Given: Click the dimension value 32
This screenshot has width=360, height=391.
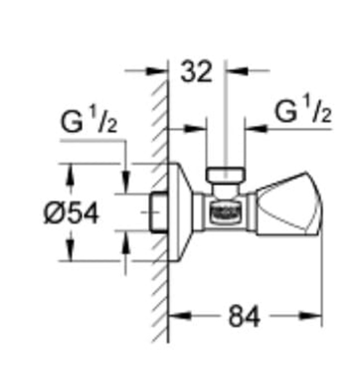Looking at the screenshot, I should click(x=196, y=73).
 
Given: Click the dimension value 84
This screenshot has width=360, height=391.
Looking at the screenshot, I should click(x=244, y=317).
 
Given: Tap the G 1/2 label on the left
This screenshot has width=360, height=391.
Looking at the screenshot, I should click(x=89, y=123).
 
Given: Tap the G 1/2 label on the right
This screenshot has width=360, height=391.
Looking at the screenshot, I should click(x=304, y=112).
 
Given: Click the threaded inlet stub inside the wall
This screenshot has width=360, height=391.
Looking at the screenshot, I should click(x=159, y=212).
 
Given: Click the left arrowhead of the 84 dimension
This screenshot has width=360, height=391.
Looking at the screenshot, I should click(x=175, y=316).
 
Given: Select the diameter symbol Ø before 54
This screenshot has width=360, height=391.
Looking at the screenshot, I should click(x=54, y=213).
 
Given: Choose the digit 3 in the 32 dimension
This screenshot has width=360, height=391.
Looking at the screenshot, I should click(x=189, y=73).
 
